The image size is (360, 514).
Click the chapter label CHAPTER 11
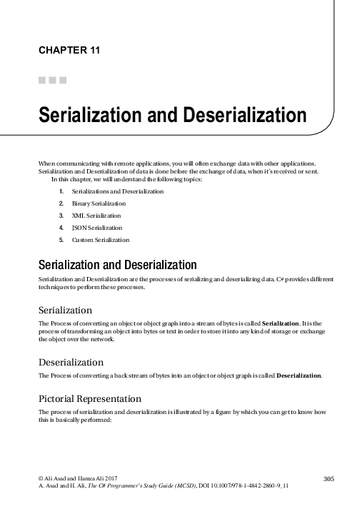[x=69, y=50]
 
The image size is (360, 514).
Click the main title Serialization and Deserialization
[x=172, y=115]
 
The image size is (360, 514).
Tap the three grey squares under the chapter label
[x=53, y=79]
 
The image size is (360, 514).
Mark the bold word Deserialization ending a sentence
[x=299, y=376]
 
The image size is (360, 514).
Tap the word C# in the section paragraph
[x=278, y=276]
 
